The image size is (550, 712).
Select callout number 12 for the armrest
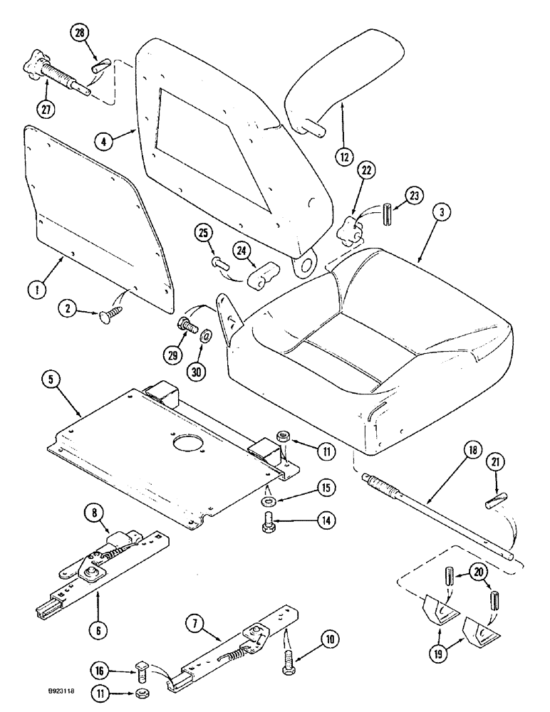[345, 155]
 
